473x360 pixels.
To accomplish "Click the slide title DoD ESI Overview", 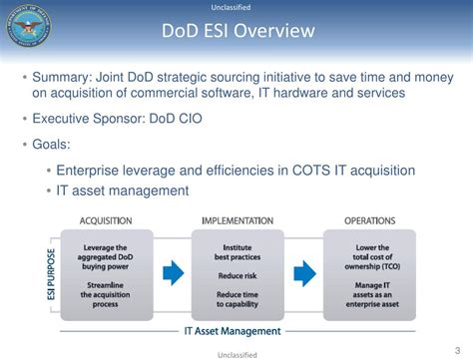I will coord(237,32).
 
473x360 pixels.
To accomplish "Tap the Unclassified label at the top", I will coord(237,7).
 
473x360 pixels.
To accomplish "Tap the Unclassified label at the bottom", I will coord(236,353).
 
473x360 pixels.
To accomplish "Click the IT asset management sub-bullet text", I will coord(123,189).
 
